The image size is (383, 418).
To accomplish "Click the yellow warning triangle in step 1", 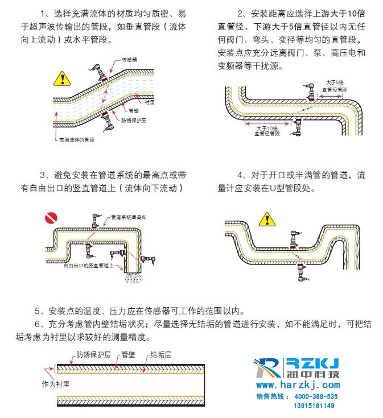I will click(x=61, y=78).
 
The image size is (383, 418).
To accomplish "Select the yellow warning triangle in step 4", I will click(x=266, y=219).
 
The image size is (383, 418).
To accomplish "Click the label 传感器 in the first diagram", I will click(x=130, y=60).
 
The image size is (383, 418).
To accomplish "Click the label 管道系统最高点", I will click(x=129, y=217).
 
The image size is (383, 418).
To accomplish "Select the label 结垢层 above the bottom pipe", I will click(x=161, y=355).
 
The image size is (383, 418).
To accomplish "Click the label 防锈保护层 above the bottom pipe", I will click(x=91, y=355).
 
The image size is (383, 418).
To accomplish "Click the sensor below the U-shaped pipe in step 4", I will click(x=300, y=272).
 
